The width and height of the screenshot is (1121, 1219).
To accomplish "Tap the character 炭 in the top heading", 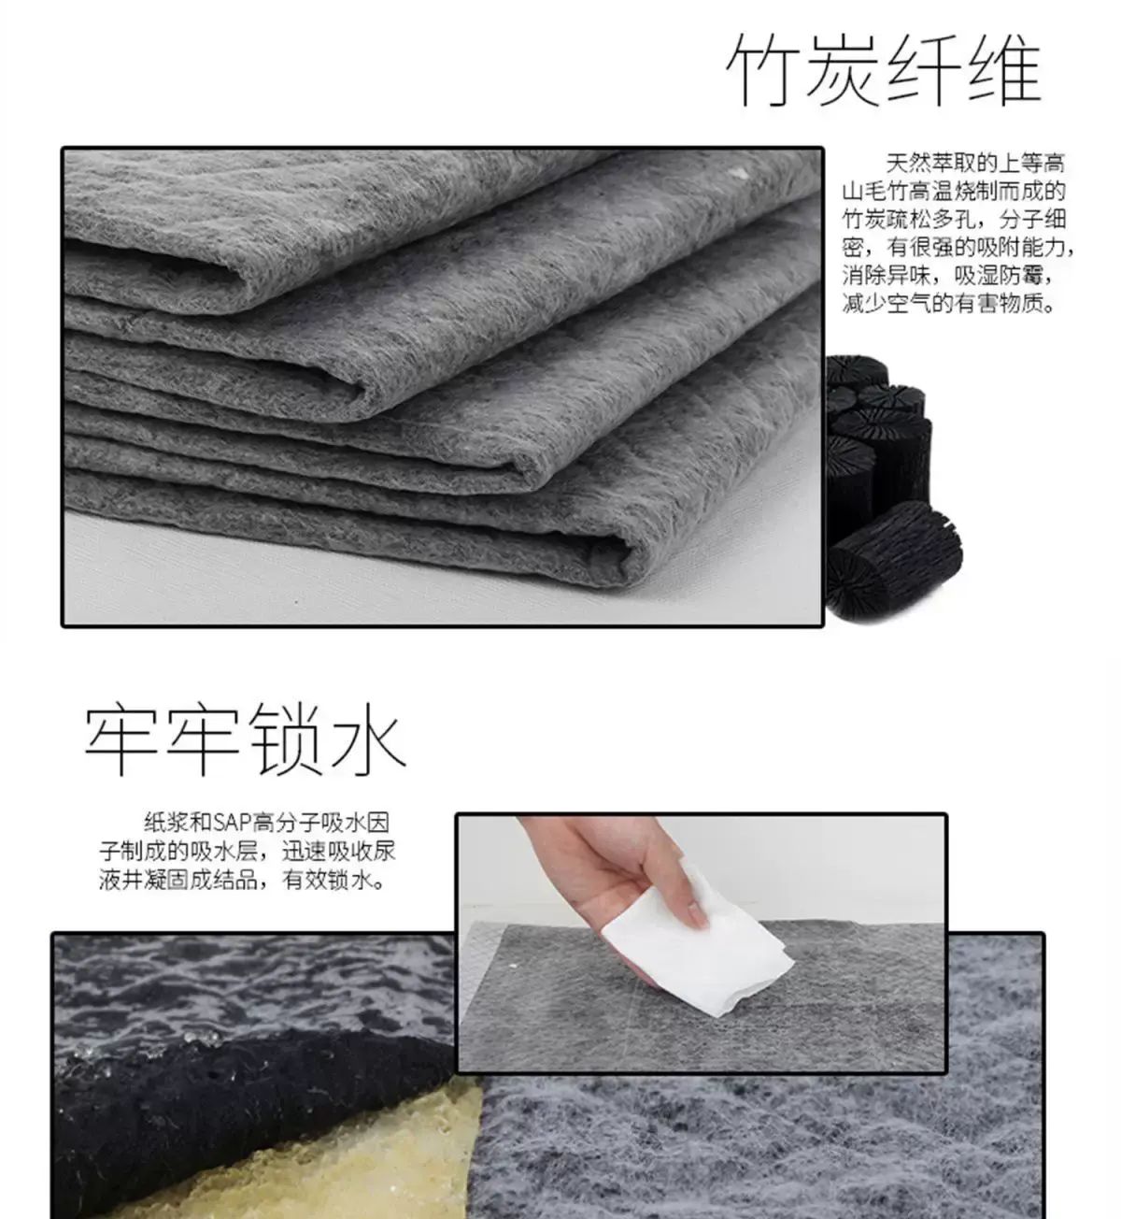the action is [841, 68].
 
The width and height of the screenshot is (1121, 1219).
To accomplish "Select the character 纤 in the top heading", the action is [922, 68].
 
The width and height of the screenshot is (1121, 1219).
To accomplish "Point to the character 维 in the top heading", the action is [1002, 68].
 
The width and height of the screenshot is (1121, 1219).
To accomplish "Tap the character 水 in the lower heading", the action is [365, 739].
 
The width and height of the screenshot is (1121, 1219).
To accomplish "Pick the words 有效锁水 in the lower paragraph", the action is [326, 880].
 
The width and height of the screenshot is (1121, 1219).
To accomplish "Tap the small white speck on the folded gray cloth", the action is [740, 174].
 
